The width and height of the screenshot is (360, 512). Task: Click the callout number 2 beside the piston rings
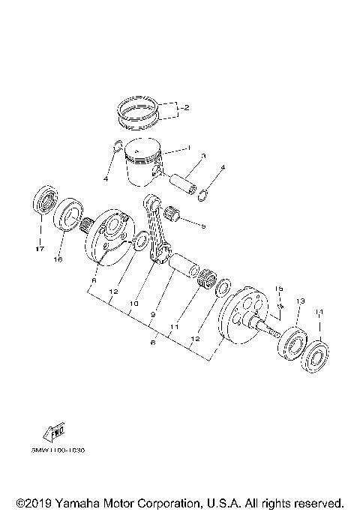click(185, 108)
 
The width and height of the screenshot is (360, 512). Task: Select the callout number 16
click(57, 259)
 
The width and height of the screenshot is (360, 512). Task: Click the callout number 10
click(135, 304)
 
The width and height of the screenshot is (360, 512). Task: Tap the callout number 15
click(278, 289)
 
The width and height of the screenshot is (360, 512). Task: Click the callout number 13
click(299, 301)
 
